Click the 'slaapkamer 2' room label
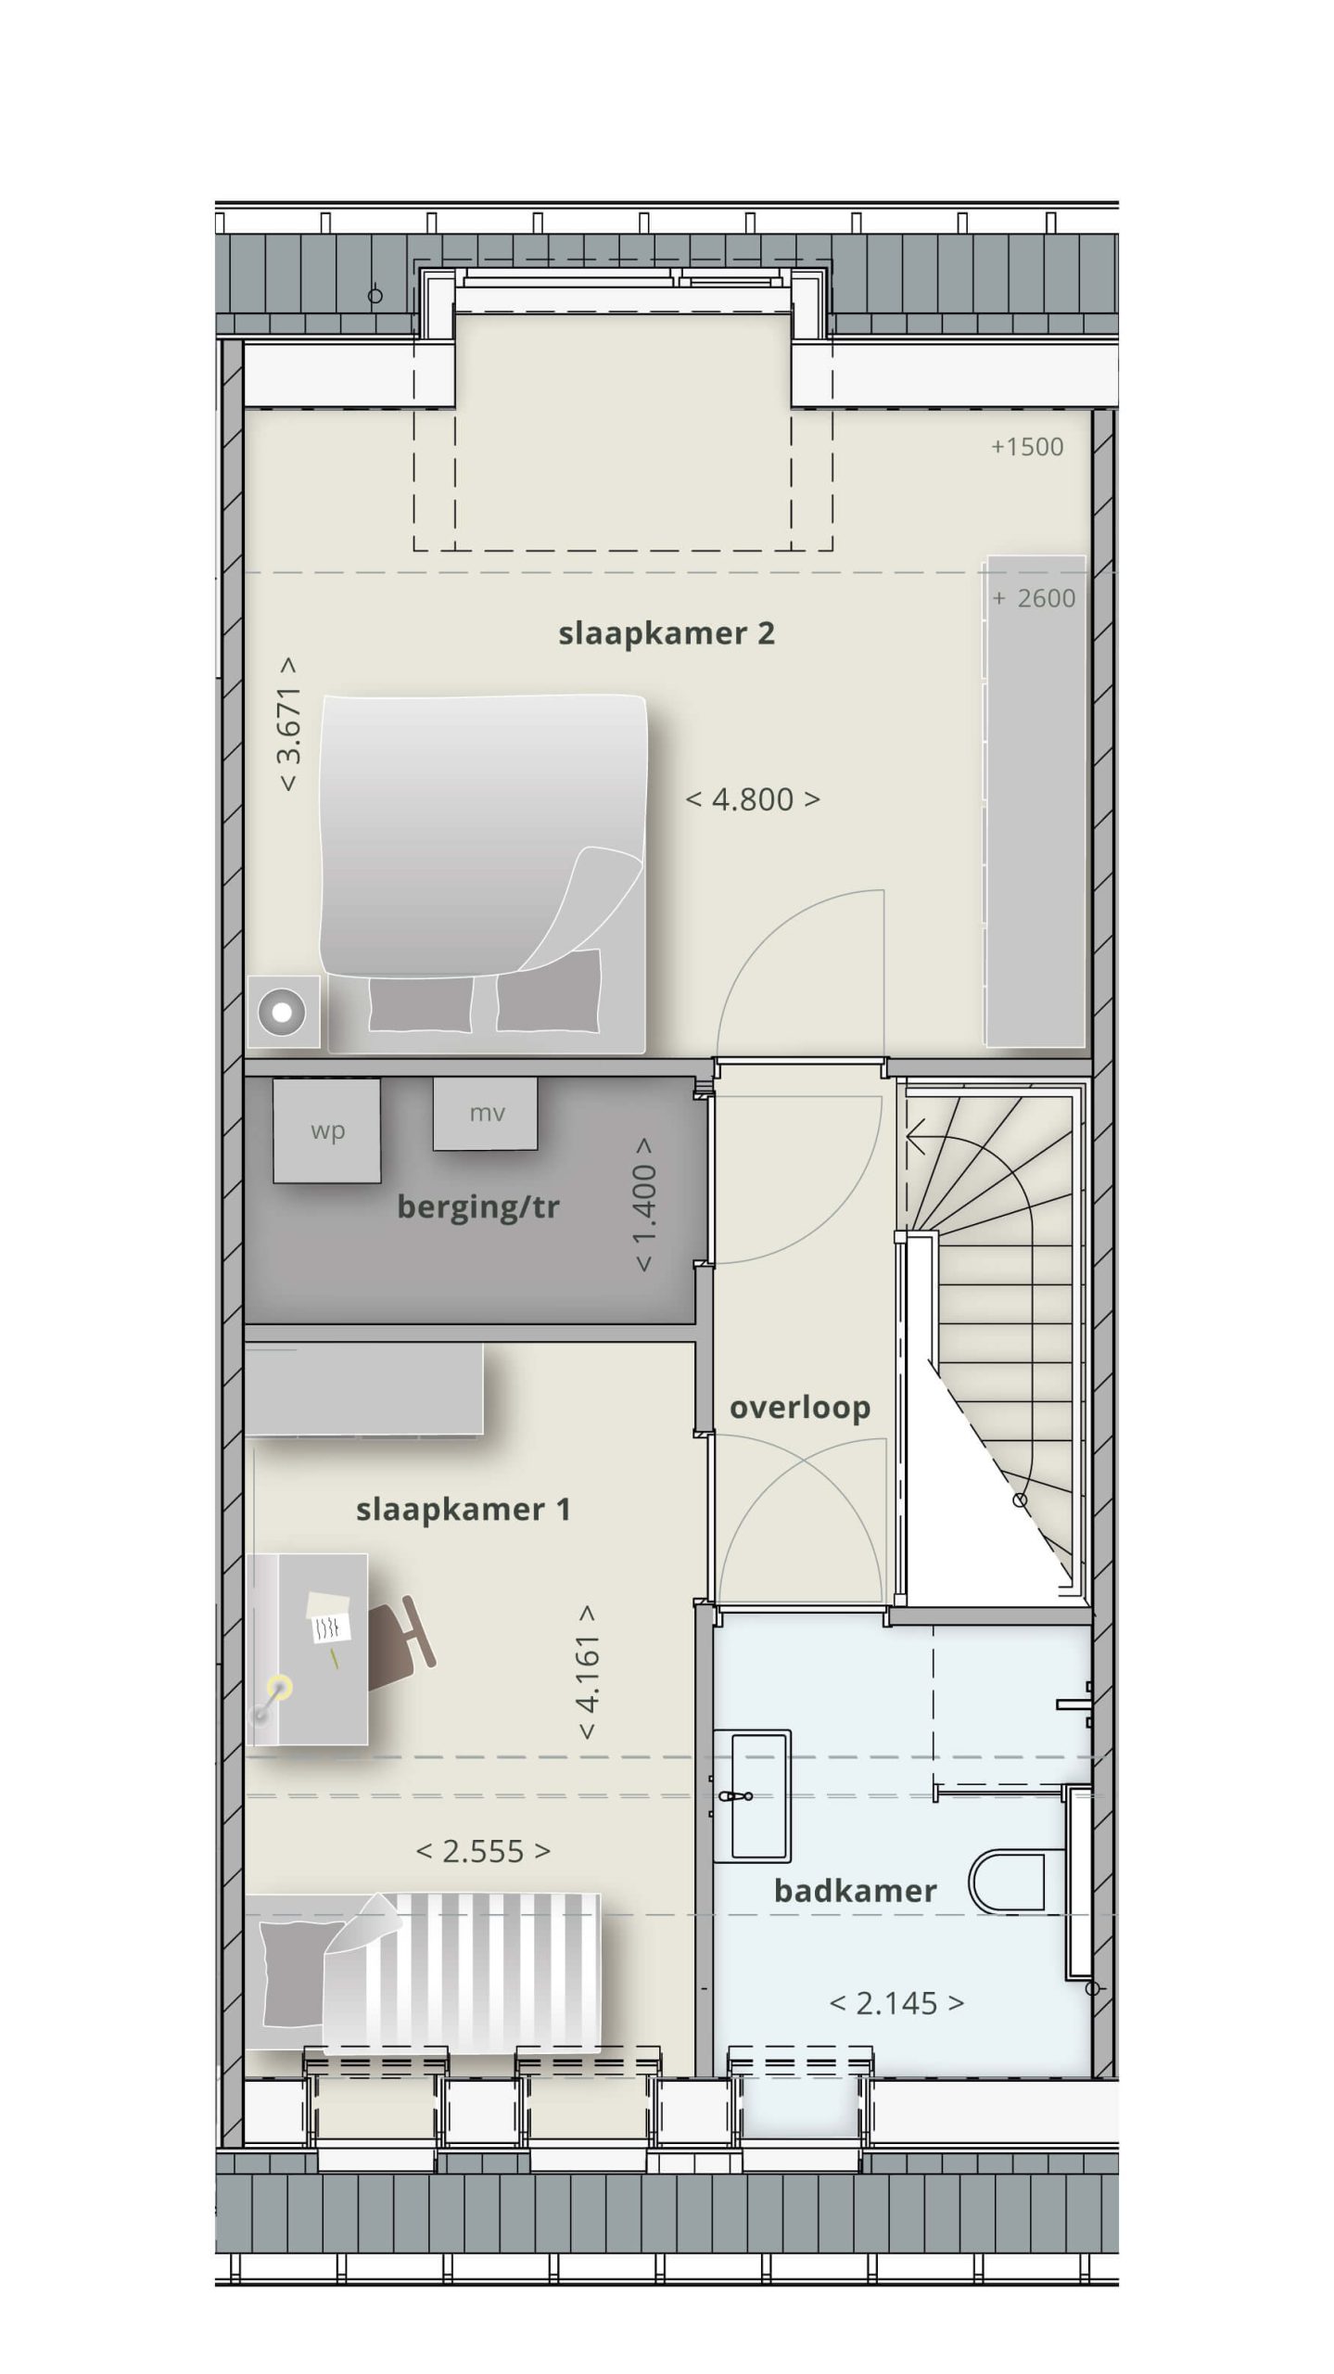[666, 634]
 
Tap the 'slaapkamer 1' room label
[463, 1510]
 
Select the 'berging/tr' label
[478, 1207]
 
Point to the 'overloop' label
[800, 1408]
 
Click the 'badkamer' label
[856, 1891]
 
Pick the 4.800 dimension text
[753, 799]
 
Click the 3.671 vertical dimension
[288, 724]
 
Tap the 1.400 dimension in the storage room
[644, 1205]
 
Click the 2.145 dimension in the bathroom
[896, 2004]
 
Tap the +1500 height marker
[1027, 447]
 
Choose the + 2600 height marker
[1034, 598]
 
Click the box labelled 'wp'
[326, 1130]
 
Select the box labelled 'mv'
[486, 1113]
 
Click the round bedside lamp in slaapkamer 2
[282, 1012]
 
